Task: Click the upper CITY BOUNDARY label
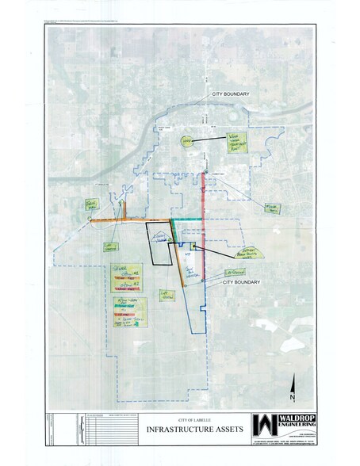[231, 94]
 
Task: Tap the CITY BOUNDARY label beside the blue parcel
[242, 281]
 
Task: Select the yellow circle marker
[186, 141]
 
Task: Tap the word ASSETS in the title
[208, 429]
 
